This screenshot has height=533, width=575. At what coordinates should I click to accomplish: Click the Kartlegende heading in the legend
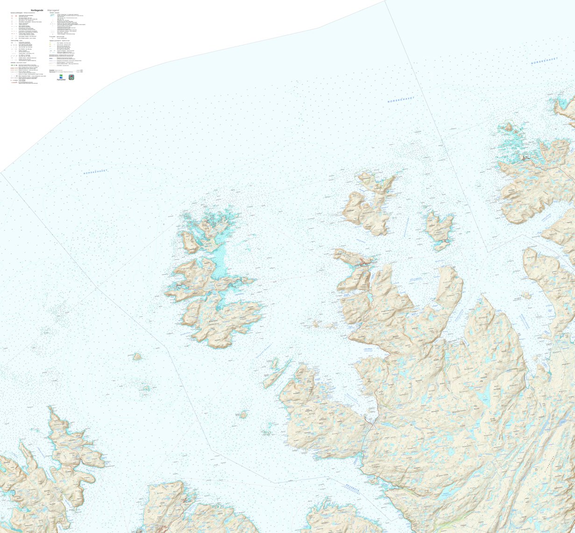point(37,10)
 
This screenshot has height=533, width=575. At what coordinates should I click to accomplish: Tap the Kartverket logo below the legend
point(61,78)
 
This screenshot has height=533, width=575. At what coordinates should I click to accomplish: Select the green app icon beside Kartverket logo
point(71,77)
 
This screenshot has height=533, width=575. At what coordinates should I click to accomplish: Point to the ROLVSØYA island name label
point(216,322)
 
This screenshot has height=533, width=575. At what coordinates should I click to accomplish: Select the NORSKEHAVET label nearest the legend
point(95,172)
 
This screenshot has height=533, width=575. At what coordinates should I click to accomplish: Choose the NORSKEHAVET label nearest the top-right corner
point(545,60)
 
